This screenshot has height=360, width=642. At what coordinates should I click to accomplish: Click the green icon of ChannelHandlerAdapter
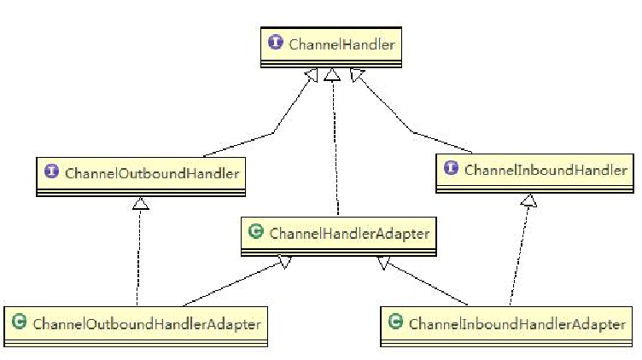click(254, 231)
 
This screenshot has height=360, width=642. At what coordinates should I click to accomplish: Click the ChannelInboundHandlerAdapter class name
click(517, 323)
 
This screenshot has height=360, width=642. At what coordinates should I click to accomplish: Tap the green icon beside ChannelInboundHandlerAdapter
click(394, 323)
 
